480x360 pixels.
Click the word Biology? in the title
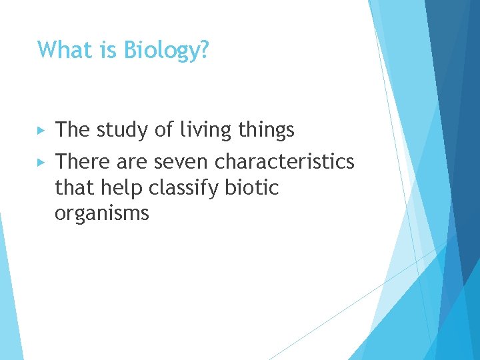pyautogui.click(x=167, y=50)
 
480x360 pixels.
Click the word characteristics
pyautogui.click(x=285, y=162)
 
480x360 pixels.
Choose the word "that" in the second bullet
pyautogui.click(x=74, y=189)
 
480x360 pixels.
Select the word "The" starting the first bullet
pyautogui.click(x=73, y=131)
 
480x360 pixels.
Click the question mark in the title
pyautogui.click(x=204, y=49)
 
